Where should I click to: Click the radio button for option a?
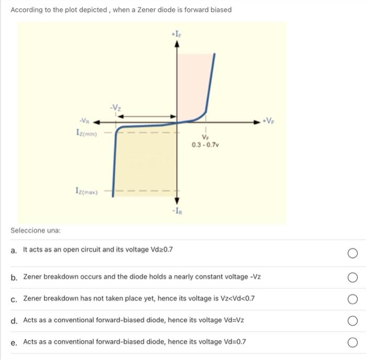click(352, 253)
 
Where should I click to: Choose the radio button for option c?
click(352, 299)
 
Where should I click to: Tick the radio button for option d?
click(352, 320)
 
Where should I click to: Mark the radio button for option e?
click(352, 342)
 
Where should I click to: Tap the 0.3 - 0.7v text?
click(205, 145)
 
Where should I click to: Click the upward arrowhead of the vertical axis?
click(176, 44)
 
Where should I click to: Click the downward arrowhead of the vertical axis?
click(176, 201)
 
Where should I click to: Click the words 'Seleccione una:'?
click(36, 230)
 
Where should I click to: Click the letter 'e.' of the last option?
click(14, 342)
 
